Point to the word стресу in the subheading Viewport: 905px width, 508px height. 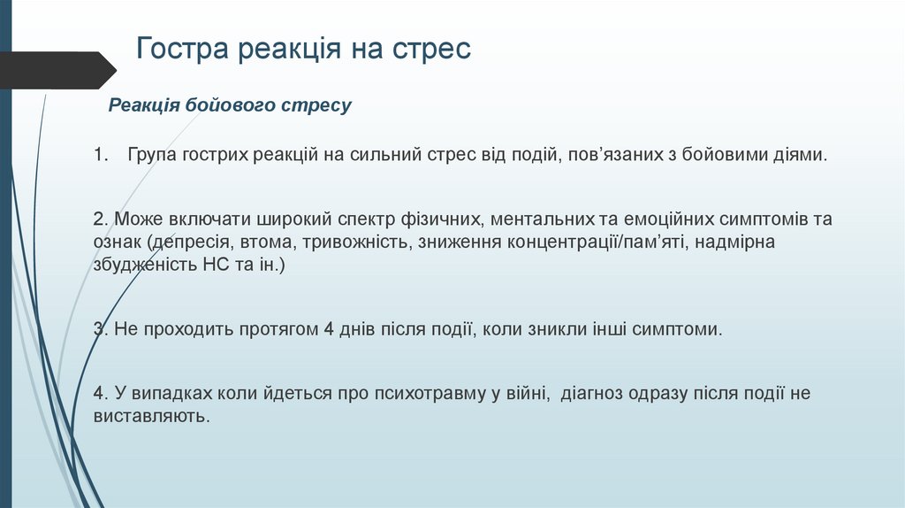click(316, 106)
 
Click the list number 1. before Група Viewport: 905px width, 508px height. click(100, 155)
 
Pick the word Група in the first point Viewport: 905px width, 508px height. click(152, 155)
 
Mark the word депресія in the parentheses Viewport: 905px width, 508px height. click(191, 242)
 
